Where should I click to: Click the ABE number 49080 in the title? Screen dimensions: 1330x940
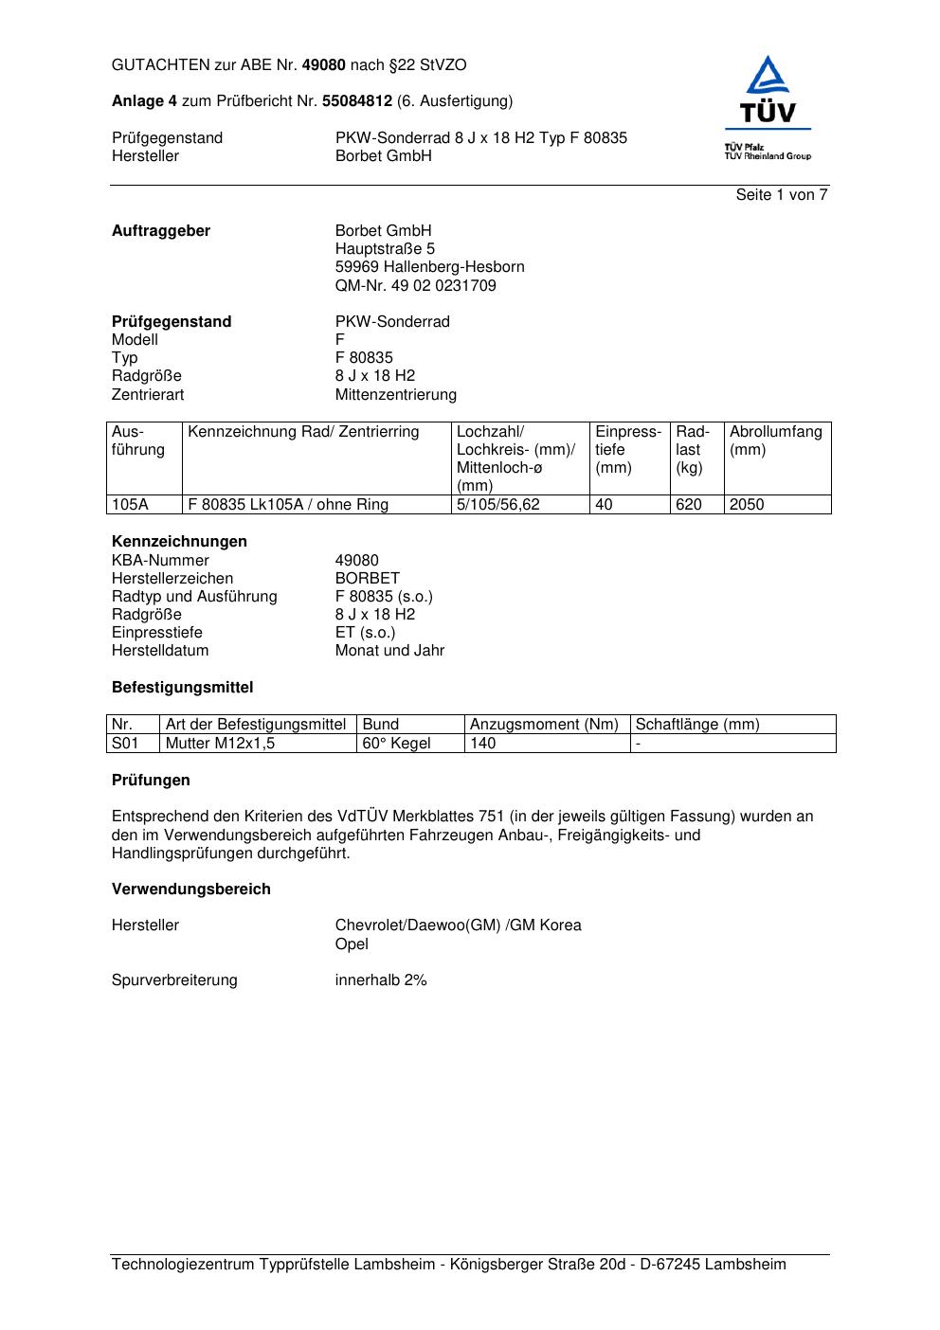tap(324, 65)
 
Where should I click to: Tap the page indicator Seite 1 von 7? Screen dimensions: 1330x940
tap(782, 195)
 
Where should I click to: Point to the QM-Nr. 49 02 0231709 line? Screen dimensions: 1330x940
tap(415, 285)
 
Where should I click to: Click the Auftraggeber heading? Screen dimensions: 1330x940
tap(161, 231)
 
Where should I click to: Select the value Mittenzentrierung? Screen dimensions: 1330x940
tap(395, 394)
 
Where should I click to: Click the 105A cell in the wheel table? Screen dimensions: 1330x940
tap(130, 505)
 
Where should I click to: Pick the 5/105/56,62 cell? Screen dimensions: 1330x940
tap(497, 505)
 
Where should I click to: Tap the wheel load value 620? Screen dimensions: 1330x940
tap(689, 505)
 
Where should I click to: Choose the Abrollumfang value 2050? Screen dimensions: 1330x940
tap(747, 505)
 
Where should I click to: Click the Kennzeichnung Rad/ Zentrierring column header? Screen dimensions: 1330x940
tap(303, 432)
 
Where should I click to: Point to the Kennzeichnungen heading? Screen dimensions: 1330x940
tap(179, 542)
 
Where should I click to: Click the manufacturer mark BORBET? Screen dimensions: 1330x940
tap(368, 578)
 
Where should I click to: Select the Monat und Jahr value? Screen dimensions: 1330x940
tap(389, 651)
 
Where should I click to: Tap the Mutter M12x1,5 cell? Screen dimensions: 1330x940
tap(220, 744)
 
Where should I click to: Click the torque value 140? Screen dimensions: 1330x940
tap(483, 744)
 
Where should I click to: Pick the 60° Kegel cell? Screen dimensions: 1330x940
tap(396, 744)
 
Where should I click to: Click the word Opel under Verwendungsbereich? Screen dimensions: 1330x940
tap(352, 944)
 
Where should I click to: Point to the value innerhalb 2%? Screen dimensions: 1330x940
tap(381, 980)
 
